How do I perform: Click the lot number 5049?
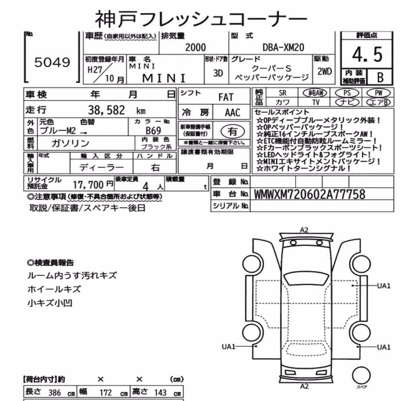[52, 62]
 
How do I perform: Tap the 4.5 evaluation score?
[367, 55]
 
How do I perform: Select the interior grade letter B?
[380, 77]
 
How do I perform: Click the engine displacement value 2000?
[195, 48]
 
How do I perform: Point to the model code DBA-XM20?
[284, 48]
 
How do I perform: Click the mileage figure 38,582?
[106, 110]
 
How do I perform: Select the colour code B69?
[153, 131]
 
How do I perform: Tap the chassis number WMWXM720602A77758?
[310, 194]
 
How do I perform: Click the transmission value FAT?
[226, 97]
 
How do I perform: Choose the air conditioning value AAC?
[233, 113]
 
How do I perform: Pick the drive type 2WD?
[324, 72]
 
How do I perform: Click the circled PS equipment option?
[347, 93]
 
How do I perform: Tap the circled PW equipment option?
[379, 93]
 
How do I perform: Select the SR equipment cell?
[282, 93]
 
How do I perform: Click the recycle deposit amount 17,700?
[88, 184]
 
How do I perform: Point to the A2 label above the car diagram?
[304, 230]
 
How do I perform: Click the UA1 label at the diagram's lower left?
[229, 347]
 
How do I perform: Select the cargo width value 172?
[105, 393]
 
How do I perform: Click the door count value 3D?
[218, 73]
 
